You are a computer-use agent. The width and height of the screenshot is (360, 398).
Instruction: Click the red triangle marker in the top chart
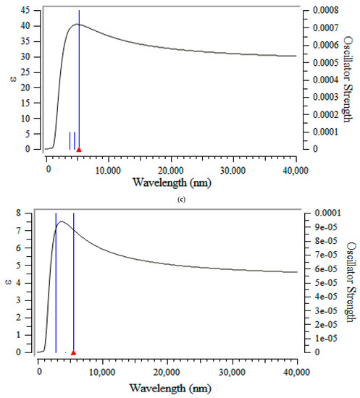point(79,149)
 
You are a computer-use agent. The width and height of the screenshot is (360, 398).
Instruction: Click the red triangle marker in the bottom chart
point(73,352)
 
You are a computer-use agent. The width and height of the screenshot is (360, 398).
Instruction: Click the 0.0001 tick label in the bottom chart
point(317,213)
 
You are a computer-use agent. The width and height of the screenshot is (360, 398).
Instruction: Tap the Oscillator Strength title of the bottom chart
point(351,281)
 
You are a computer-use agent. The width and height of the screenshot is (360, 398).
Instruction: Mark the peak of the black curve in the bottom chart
point(62,221)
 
